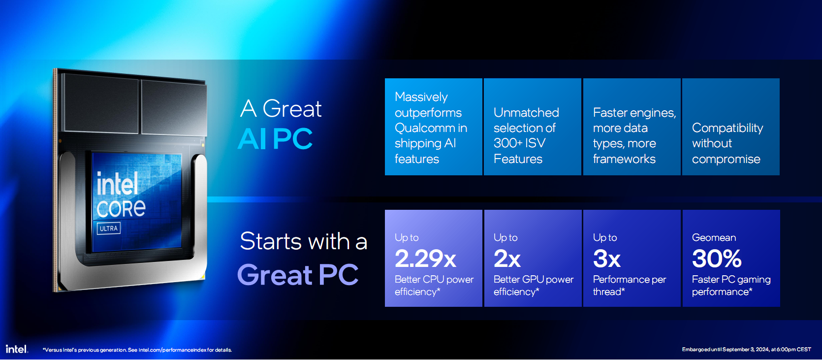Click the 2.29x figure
point(425,259)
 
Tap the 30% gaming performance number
point(716,259)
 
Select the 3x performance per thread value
point(606,259)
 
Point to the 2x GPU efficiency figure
point(507,259)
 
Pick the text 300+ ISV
point(520,143)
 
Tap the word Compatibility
point(727,128)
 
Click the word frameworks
point(624,159)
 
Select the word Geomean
point(714,238)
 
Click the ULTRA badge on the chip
point(109,228)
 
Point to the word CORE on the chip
point(121,208)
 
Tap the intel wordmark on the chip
point(118,183)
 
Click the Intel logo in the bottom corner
point(17,349)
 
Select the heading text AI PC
point(275,139)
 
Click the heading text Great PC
point(298,274)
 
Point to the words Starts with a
point(304,241)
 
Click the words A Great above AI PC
point(281,109)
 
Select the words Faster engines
point(634,113)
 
